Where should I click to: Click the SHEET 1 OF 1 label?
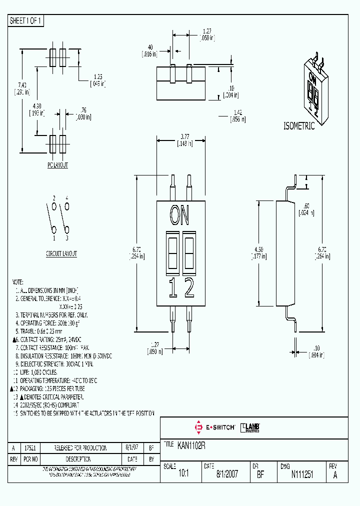[26, 20]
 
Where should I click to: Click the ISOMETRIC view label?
[299, 126]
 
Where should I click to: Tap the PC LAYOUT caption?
[57, 164]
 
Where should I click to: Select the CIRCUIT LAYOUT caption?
[61, 253]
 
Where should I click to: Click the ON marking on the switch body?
[179, 215]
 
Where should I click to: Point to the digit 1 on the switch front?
[172, 288]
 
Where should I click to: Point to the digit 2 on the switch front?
[189, 288]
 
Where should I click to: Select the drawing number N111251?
[302, 475]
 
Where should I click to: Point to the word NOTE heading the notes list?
[17, 282]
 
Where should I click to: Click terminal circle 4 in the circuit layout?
[67, 206]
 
